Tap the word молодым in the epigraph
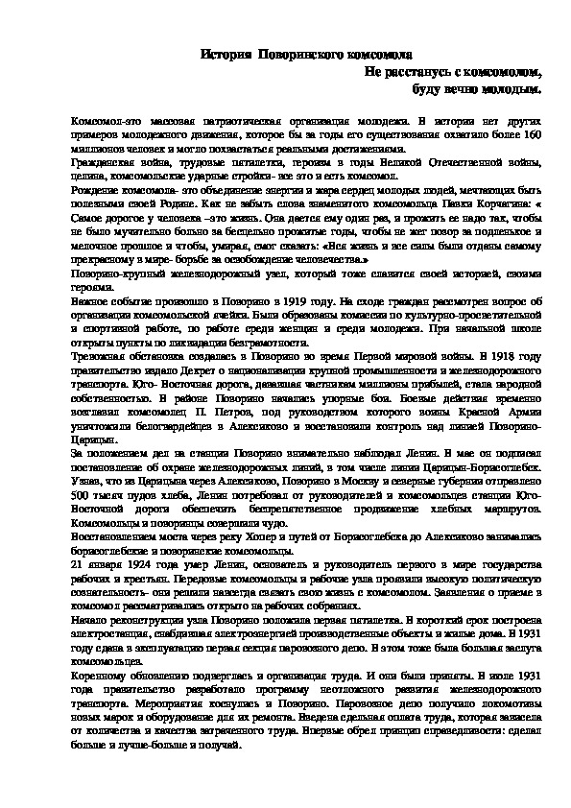coord(508,89)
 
